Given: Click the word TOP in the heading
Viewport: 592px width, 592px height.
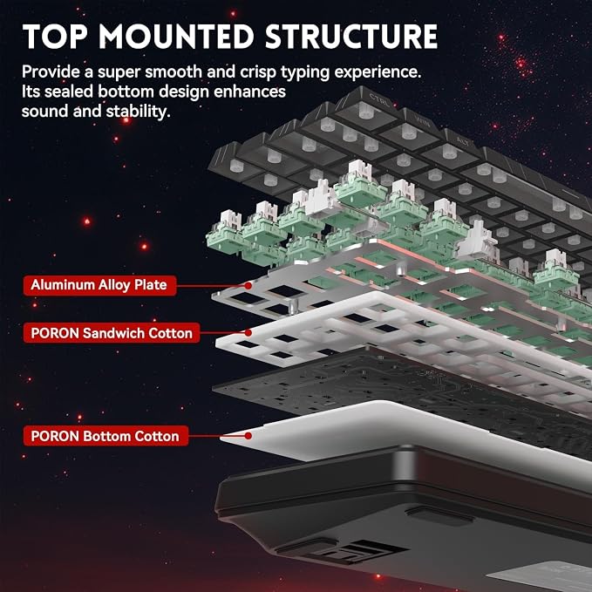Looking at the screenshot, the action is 55,37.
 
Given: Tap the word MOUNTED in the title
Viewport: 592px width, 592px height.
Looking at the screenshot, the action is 176,37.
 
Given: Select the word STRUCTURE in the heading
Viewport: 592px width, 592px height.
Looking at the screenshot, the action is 351,37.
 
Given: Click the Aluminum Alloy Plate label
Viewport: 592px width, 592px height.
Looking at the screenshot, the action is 99,285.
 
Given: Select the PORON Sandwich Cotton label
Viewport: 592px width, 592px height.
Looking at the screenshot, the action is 112,333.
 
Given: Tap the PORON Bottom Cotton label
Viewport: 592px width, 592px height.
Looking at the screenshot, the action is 105,436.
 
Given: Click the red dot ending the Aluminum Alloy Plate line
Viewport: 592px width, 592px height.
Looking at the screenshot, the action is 248,286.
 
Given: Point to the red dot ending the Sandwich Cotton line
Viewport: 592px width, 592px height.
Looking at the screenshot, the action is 248,333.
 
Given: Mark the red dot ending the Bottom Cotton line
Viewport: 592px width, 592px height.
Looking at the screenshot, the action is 248,436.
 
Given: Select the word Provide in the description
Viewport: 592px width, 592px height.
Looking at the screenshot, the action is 51,71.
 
